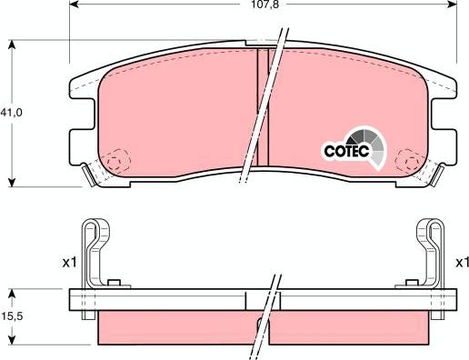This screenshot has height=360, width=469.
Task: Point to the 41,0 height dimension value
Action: (11, 112)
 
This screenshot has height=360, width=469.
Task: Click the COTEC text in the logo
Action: (347, 151)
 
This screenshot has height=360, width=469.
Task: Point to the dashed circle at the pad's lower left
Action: (113, 162)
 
